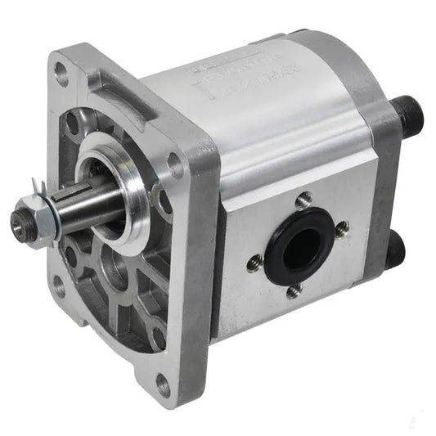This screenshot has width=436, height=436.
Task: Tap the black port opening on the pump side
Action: (x=299, y=244)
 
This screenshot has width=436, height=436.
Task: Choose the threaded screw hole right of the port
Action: (x=341, y=228)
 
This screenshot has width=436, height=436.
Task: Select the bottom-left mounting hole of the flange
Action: (x=59, y=286)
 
